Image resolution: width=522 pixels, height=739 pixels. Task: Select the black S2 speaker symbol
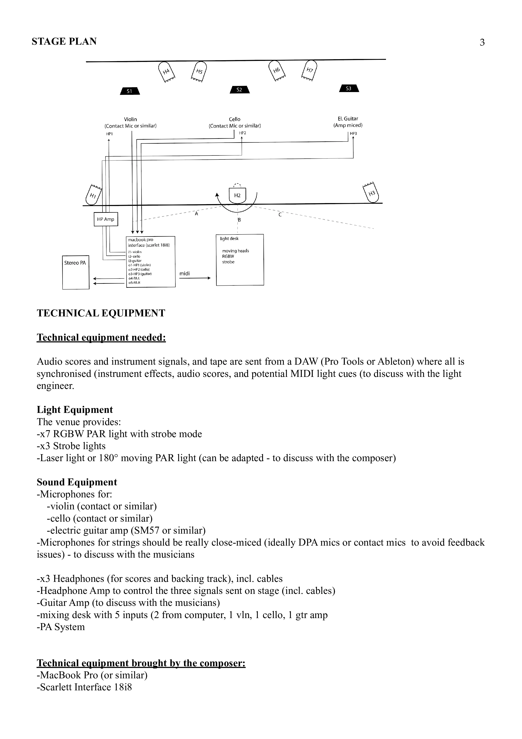coord(240,90)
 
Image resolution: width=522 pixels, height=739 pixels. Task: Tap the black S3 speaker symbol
coord(349,88)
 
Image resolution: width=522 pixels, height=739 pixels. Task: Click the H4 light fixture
coord(166,71)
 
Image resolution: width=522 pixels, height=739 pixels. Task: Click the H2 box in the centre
coord(237,195)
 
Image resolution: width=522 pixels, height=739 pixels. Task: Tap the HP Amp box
coord(106,219)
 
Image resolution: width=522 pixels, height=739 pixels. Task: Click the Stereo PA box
coord(76,272)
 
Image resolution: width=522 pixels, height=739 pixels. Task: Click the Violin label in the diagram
coord(131,119)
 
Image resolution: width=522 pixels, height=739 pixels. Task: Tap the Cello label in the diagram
coord(235,119)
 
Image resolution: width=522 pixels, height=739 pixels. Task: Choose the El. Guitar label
coord(348,118)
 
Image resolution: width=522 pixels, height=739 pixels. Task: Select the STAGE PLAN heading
coord(64,42)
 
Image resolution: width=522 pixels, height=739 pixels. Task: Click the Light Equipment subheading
coord(75,410)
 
